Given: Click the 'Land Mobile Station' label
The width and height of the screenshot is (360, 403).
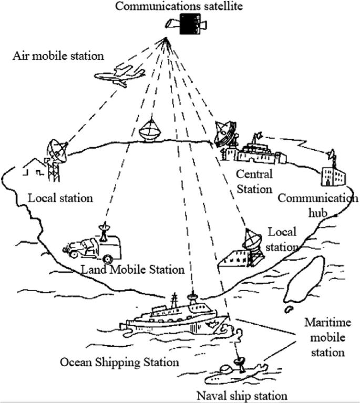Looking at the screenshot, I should [132, 270].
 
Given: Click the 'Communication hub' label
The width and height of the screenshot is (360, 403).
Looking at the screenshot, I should [318, 204].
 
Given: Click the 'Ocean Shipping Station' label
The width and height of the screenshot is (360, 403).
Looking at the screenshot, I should [119, 362].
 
